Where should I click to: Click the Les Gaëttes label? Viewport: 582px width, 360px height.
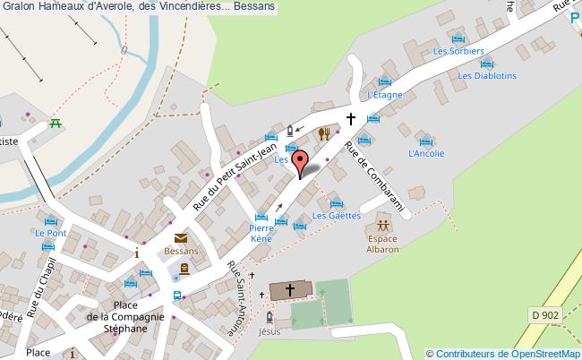pyautogui.click(x=336, y=216)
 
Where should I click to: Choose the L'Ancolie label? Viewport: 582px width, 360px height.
pyautogui.click(x=425, y=153)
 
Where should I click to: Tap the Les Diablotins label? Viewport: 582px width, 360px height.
pyautogui.click(x=487, y=76)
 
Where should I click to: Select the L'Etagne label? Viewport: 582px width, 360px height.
pyautogui.click(x=382, y=94)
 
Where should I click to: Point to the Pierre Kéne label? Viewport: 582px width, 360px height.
pyautogui.click(x=261, y=235)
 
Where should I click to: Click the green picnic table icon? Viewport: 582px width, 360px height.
pyautogui.click(x=56, y=124)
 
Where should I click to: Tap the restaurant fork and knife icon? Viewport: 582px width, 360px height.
pyautogui.click(x=325, y=134)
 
